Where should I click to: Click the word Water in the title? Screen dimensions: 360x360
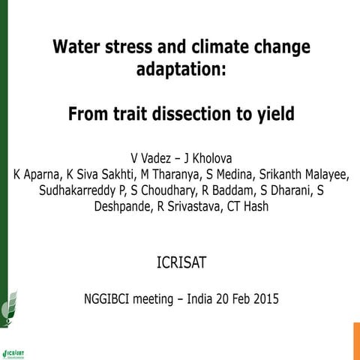(77, 46)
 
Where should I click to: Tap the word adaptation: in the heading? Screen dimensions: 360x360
(180, 70)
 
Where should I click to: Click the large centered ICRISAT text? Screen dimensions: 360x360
(181, 264)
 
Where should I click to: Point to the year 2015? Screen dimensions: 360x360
(262, 299)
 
